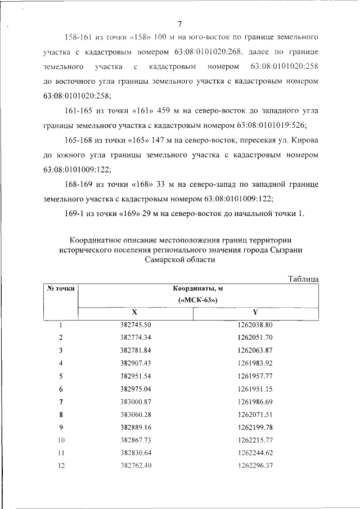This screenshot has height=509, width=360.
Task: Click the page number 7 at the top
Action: [179, 24]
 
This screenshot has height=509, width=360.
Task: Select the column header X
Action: [134, 312]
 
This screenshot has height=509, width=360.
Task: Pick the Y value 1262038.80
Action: [255, 325]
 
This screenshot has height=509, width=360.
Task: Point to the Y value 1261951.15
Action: [255, 388]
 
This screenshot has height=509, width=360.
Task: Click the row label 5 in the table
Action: [60, 375]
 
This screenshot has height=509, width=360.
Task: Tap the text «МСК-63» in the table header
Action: [198, 300]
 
